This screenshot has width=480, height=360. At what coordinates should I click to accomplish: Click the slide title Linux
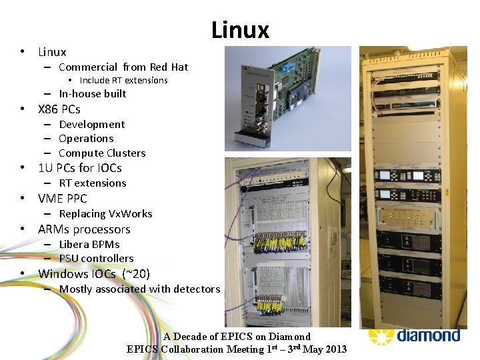[x=240, y=30]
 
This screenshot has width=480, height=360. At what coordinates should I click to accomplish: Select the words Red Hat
[x=169, y=67]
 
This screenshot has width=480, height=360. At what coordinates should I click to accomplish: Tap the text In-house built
[x=92, y=93]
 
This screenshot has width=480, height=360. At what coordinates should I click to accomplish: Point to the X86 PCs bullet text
[x=59, y=109]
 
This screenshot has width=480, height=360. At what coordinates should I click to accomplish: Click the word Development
[x=91, y=124]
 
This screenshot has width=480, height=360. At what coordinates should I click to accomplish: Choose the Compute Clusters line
[x=102, y=153]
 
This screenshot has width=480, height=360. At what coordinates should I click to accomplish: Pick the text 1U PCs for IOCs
[x=80, y=168]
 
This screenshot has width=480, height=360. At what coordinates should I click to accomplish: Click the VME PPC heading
[x=62, y=199]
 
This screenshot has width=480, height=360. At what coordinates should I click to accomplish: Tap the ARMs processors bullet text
[x=84, y=229]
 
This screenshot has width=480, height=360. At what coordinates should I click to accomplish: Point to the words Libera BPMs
[x=89, y=244]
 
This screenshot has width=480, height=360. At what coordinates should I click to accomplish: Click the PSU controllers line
[x=96, y=258]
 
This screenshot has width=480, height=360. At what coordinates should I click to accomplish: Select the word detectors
[x=195, y=289]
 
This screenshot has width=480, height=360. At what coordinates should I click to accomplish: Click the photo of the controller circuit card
[x=287, y=99]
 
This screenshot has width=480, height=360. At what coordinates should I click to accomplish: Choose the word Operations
[x=86, y=138]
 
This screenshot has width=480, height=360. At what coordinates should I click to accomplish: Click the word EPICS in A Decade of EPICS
[x=233, y=337]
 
